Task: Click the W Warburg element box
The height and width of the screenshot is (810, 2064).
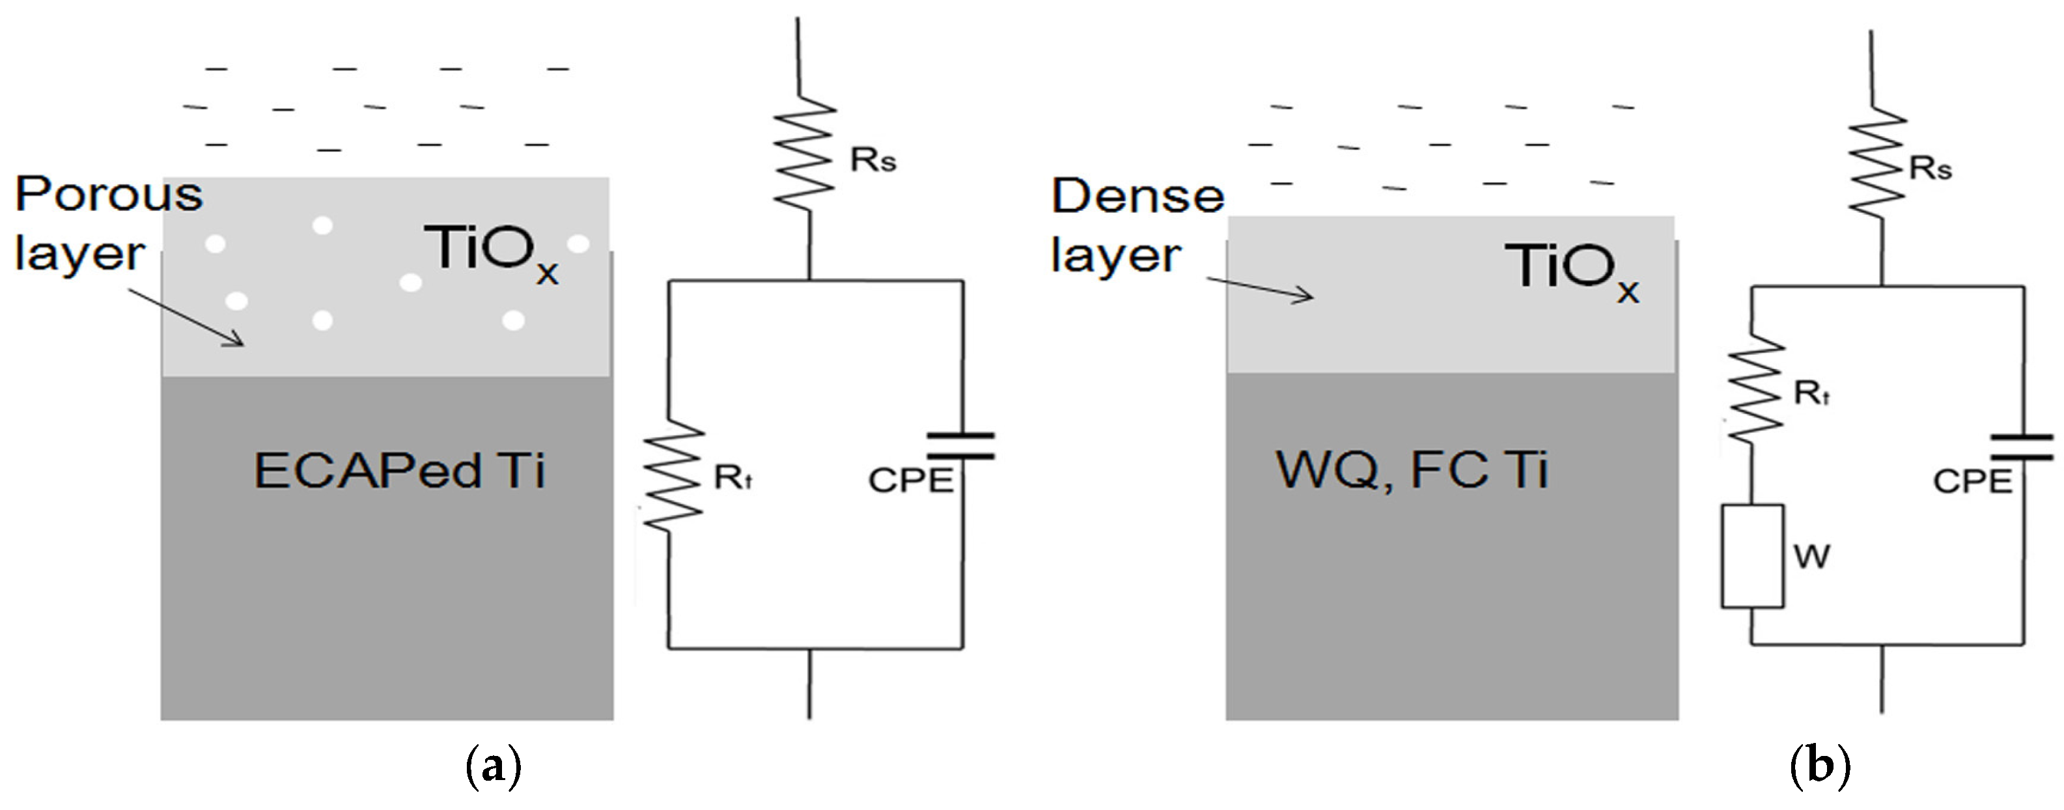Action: pyautogui.click(x=1752, y=555)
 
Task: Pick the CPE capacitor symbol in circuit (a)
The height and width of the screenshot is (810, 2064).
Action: pyautogui.click(x=960, y=445)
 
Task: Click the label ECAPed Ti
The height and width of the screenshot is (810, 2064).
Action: pyautogui.click(x=399, y=470)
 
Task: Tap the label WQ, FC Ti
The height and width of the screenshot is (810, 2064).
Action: pyautogui.click(x=1412, y=469)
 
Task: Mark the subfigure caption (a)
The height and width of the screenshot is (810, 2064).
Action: pyautogui.click(x=493, y=766)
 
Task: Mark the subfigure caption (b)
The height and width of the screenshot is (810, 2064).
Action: pyautogui.click(x=1820, y=766)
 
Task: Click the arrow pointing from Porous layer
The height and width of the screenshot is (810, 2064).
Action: pyautogui.click(x=186, y=317)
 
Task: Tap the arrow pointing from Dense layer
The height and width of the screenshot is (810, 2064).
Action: pyautogui.click(x=1261, y=288)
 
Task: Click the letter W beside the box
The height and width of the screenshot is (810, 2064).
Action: pyautogui.click(x=1811, y=555)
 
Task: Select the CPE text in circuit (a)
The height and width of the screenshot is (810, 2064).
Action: pyautogui.click(x=911, y=480)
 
